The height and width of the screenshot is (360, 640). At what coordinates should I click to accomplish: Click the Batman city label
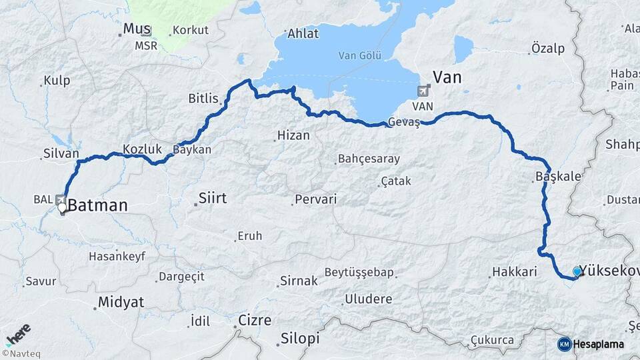click(x=97, y=205)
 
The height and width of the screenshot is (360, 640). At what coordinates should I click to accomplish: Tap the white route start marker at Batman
click(x=62, y=208)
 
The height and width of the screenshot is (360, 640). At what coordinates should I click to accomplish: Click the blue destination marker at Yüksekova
click(x=577, y=271)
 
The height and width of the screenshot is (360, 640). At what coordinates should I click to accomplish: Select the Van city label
click(x=447, y=77)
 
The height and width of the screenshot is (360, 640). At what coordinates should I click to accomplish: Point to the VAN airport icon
click(x=423, y=91)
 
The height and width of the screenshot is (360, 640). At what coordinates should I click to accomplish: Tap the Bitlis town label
click(x=203, y=99)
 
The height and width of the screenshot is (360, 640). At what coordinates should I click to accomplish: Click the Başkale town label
click(x=558, y=177)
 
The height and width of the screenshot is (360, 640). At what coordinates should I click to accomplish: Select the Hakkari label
click(x=514, y=272)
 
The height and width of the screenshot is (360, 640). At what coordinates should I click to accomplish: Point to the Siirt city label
click(x=213, y=198)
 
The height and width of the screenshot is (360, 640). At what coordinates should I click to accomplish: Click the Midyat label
click(x=121, y=302)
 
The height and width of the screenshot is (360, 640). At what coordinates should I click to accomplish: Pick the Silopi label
click(x=300, y=338)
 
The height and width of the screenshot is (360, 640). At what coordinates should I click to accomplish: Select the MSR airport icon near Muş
click(x=146, y=31)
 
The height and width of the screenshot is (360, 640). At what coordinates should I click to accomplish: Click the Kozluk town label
click(x=142, y=149)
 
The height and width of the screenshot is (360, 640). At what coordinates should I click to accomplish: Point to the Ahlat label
click(x=303, y=33)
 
